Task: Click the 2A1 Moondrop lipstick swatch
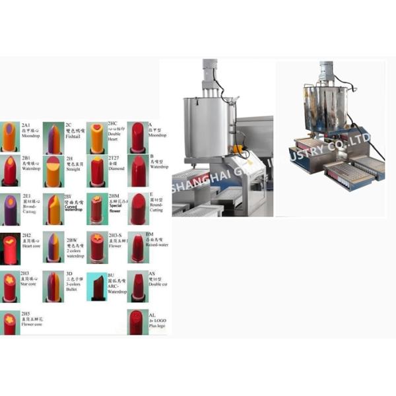point(10,137)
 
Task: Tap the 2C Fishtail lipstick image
point(53,137)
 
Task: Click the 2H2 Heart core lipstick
point(10,248)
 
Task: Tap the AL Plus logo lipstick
point(137,322)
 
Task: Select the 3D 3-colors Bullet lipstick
point(53,286)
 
